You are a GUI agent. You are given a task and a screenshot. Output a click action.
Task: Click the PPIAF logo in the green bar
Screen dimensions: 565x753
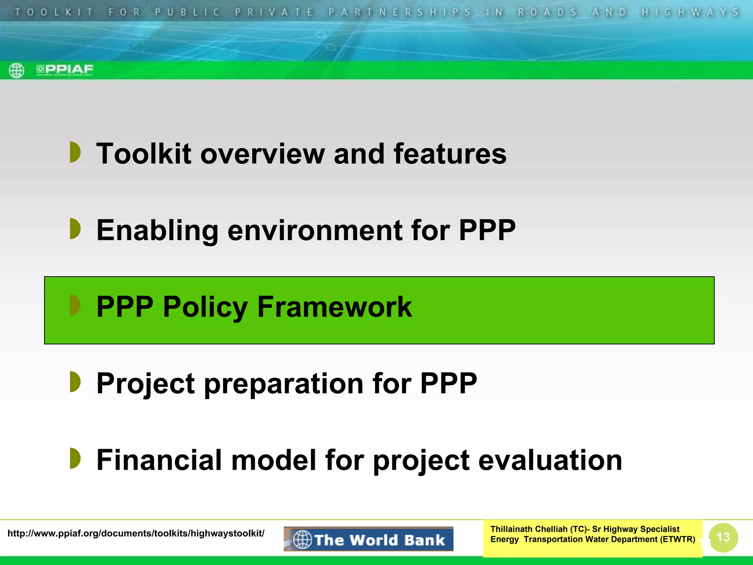point(65,70)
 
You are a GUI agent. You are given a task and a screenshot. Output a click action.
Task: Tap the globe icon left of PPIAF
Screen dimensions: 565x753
point(17,70)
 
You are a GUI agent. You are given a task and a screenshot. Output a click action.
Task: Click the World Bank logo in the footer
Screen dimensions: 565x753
point(368,539)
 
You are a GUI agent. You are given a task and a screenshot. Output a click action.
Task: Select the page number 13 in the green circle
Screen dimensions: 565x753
point(723,537)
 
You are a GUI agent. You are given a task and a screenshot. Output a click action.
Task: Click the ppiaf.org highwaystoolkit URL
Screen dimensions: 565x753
point(136,533)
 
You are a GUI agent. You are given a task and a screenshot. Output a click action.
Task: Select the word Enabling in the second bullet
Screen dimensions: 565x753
point(157,231)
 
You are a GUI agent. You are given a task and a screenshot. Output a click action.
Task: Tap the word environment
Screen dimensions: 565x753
point(315,231)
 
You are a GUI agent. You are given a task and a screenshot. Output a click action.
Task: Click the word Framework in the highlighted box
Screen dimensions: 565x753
point(334,307)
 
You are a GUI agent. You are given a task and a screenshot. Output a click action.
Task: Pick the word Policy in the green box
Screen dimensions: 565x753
point(205,307)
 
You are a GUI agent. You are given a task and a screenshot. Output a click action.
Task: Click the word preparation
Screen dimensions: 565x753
point(283,384)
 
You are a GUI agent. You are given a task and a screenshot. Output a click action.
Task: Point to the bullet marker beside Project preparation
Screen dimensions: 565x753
point(75,382)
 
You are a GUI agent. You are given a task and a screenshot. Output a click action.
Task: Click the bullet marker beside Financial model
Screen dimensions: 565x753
point(75,458)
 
